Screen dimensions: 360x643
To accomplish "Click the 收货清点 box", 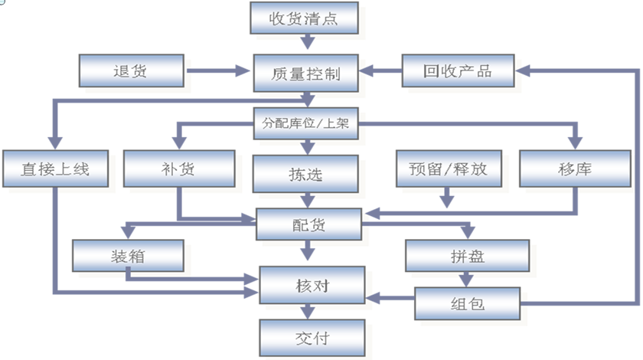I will [x=304, y=18].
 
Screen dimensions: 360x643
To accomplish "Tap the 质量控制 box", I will [x=305, y=74].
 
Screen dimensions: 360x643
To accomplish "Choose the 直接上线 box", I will [x=46, y=169].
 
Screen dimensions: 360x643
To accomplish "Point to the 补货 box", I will [x=178, y=169].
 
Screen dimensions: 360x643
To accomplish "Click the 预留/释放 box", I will [x=442, y=169].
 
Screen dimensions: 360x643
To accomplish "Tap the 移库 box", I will [x=575, y=169].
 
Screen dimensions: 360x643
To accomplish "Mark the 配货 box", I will [x=306, y=224].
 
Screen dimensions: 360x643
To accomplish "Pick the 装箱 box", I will [x=129, y=256].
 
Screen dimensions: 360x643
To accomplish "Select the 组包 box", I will [x=466, y=303].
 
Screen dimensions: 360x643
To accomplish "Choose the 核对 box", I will [x=306, y=286].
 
